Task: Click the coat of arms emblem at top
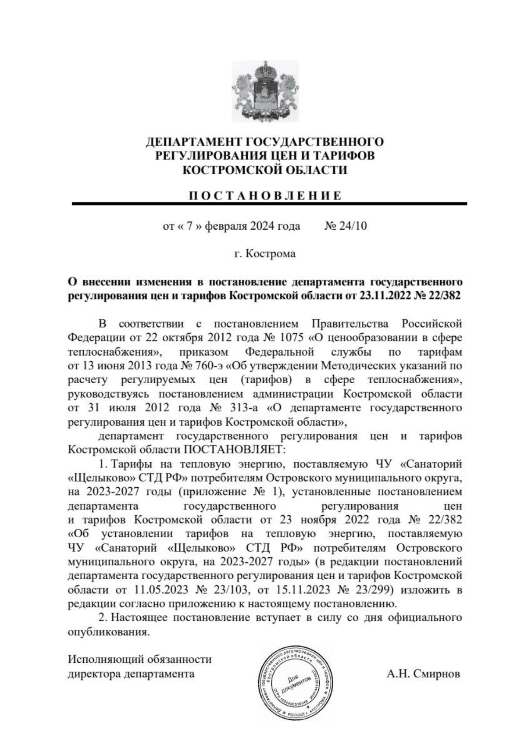(265, 91)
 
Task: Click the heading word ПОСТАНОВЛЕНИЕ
(265, 196)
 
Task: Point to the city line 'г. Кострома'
(265, 253)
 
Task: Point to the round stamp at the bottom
(294, 682)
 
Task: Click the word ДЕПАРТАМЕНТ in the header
(194, 142)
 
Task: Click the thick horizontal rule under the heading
(269, 203)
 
